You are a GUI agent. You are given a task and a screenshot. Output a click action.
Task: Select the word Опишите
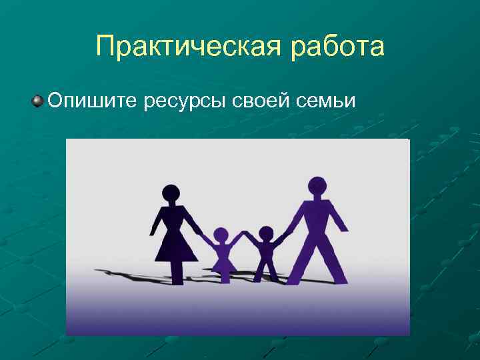click(92, 101)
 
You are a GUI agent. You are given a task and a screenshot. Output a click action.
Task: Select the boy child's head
click(266, 234)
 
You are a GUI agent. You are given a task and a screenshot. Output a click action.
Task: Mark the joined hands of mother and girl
click(202, 235)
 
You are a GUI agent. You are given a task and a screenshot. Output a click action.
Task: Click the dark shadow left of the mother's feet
click(127, 273)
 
